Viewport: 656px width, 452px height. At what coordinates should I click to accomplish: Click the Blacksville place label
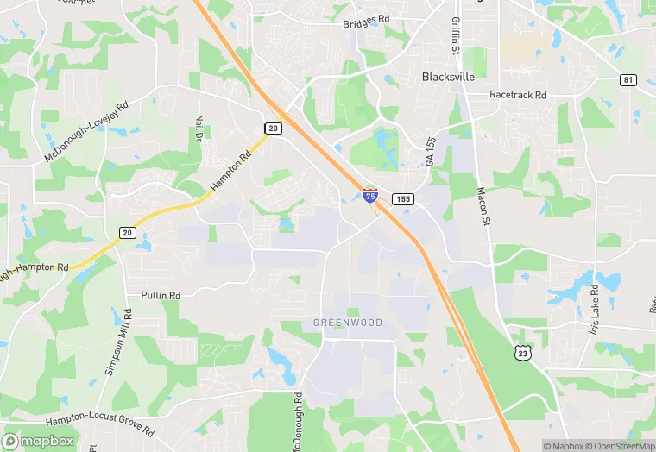(449, 76)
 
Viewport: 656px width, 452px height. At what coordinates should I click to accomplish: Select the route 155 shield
(402, 199)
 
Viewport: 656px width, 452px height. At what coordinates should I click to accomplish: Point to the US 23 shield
(520, 352)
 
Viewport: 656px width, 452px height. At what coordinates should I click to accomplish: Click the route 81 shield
(628, 80)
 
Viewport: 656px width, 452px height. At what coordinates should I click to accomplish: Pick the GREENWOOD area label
(348, 323)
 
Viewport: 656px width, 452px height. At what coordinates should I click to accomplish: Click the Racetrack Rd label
(518, 95)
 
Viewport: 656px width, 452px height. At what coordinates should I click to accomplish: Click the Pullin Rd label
(161, 296)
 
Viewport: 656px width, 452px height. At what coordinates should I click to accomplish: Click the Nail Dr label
(199, 129)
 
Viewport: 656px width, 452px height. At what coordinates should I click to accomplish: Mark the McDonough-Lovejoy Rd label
(85, 131)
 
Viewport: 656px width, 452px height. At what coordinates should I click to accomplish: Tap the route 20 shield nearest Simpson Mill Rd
(127, 233)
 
